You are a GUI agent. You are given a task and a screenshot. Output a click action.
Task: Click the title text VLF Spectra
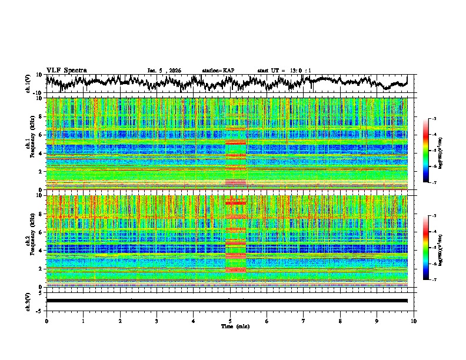point(66,71)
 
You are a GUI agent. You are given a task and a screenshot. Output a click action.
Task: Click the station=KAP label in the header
point(218,71)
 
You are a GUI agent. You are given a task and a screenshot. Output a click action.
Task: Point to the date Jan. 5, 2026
point(164,71)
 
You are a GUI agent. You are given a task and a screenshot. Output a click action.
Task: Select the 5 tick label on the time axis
point(230,321)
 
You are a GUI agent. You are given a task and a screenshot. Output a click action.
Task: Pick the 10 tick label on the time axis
point(414,321)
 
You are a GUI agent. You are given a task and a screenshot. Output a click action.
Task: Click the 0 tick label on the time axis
point(46,321)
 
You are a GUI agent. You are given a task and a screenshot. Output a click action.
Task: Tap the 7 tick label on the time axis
point(304,321)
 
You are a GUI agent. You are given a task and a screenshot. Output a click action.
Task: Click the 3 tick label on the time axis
point(157,321)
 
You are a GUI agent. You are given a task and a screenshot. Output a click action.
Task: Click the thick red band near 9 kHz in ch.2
point(235,202)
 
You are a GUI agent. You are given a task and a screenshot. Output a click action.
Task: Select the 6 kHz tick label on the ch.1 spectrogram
point(41,135)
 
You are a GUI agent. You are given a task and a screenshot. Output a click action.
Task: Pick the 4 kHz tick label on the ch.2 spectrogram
point(41,251)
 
